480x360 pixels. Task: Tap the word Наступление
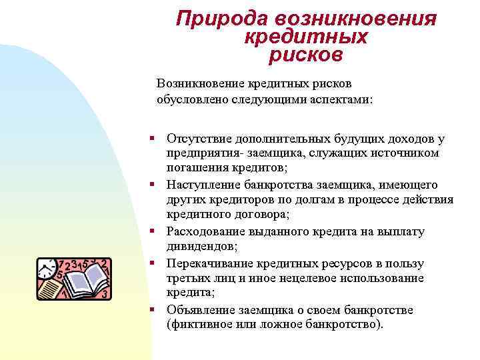point(201,185)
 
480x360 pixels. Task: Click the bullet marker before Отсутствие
point(153,139)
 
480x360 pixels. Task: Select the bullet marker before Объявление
point(153,310)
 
